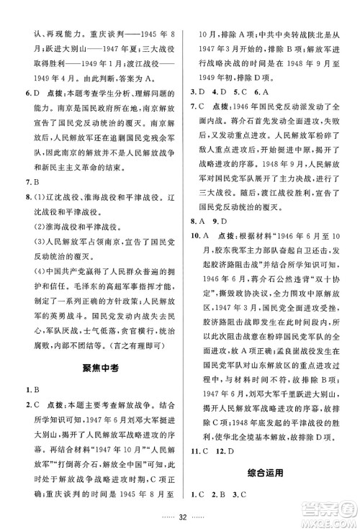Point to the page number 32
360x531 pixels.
pyautogui.click(x=180, y=517)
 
